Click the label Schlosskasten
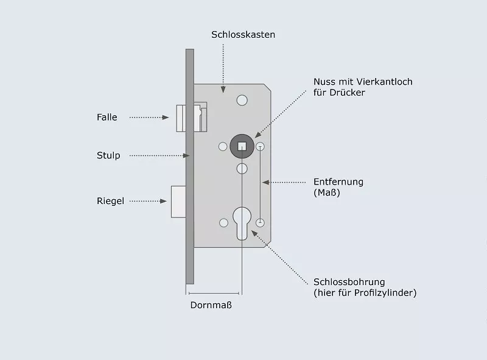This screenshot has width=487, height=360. click(243, 35)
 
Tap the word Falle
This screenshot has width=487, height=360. click(107, 117)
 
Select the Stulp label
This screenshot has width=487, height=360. click(108, 155)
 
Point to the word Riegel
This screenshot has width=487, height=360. click(110, 201)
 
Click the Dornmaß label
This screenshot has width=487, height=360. click(211, 305)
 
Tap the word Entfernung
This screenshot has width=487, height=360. click(338, 182)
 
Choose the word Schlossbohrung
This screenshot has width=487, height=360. click(349, 282)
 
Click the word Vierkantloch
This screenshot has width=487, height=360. click(385, 82)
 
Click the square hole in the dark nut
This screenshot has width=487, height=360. click(242, 146)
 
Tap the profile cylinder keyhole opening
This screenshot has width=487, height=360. click(242, 223)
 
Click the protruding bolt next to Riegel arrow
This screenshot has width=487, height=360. click(178, 202)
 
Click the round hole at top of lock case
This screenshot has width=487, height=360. click(242, 101)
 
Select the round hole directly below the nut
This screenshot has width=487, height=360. click(242, 169)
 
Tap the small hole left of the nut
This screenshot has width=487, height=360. click(223, 146)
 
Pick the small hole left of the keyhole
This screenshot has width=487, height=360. click(223, 222)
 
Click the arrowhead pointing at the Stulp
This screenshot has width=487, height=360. click(186, 155)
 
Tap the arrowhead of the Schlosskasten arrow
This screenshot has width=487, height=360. click(223, 90)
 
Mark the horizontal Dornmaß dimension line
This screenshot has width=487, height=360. click(214, 293)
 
